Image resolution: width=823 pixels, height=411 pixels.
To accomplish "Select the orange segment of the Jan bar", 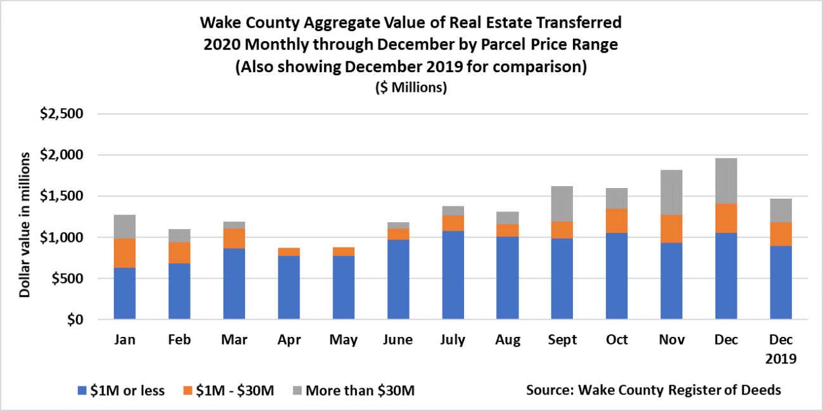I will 125,253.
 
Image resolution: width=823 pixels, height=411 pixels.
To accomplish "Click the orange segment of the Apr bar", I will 289,251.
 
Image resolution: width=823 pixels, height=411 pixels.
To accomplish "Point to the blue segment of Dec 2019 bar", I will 781,282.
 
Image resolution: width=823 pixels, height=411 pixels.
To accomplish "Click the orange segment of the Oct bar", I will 617,220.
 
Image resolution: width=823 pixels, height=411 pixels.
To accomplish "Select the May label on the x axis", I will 343,340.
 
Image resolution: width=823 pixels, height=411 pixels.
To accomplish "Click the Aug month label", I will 508,340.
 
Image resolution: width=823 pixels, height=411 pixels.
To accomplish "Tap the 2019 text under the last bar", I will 781,358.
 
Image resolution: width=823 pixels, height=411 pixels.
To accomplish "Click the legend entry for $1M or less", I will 120,390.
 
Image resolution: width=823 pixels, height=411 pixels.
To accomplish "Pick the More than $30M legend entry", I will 352,390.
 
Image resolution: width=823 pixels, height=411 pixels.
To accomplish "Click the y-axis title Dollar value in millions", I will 25,224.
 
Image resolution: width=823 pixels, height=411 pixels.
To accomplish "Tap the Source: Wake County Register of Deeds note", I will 653,389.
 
